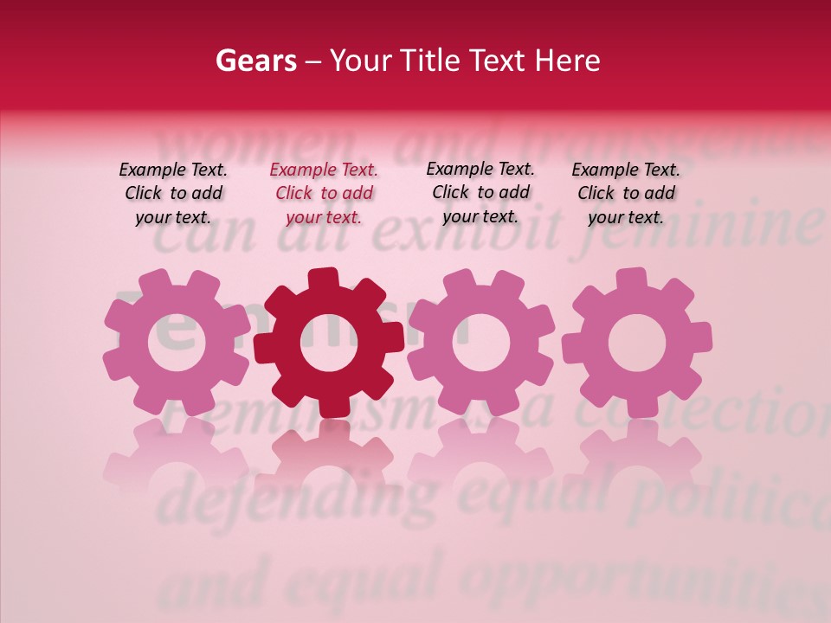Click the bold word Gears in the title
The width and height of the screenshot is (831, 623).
click(255, 61)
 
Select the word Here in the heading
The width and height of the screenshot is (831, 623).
click(567, 61)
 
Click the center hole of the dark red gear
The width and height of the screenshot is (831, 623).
click(329, 343)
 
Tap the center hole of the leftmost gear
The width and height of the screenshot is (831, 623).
click(177, 341)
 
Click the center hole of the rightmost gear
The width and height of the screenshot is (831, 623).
click(637, 343)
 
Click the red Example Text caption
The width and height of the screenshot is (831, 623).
click(324, 194)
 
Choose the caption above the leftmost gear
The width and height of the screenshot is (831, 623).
click(173, 194)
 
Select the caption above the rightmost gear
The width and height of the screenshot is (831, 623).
click(626, 194)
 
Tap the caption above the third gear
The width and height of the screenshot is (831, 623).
click(480, 193)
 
